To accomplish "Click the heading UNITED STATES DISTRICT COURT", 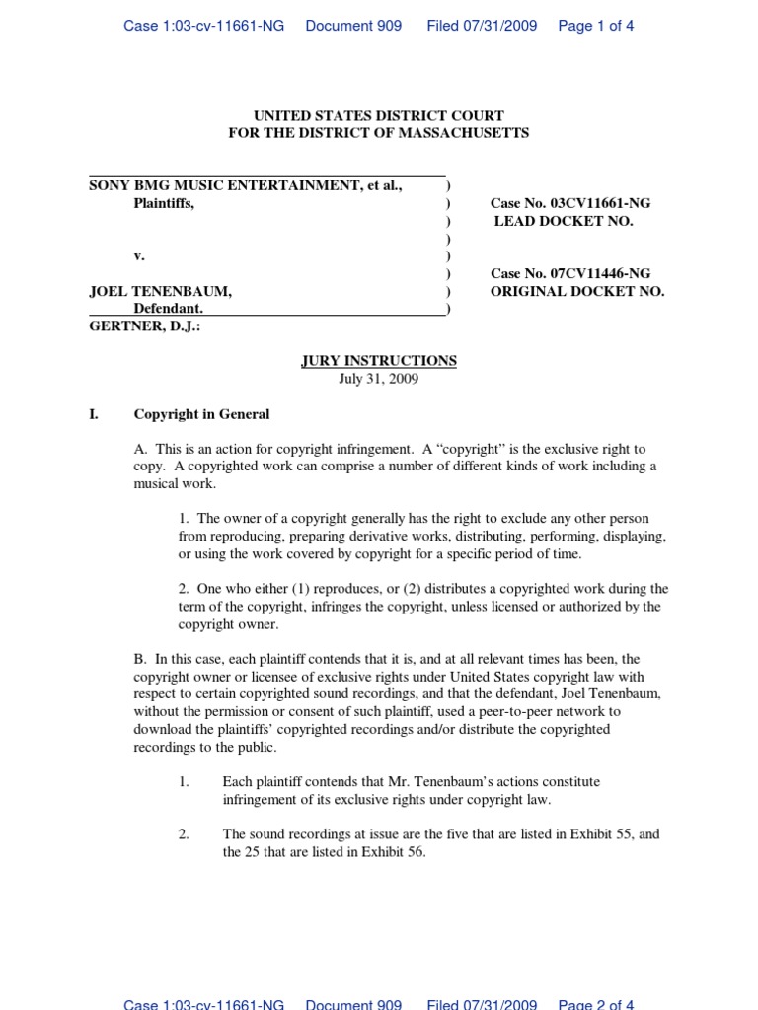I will tap(379, 116).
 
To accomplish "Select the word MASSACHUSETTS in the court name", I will tap(463, 133).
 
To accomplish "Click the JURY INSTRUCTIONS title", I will tap(379, 361).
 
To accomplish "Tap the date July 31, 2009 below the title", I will tap(379, 379).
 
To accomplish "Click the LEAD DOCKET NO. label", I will tap(564, 221).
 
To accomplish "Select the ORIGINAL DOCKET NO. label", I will tap(577, 292).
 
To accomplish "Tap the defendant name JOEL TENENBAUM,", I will tap(161, 292).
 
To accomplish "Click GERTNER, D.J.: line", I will tap(145, 326).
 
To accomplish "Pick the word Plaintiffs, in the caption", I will tap(165, 203).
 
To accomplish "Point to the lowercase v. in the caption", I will tap(139, 256).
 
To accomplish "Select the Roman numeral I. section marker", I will tap(95, 414).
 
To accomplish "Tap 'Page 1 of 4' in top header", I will tap(596, 27).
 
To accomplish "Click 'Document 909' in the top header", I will tap(353, 27).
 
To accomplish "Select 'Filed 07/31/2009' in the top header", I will tap(482, 27).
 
